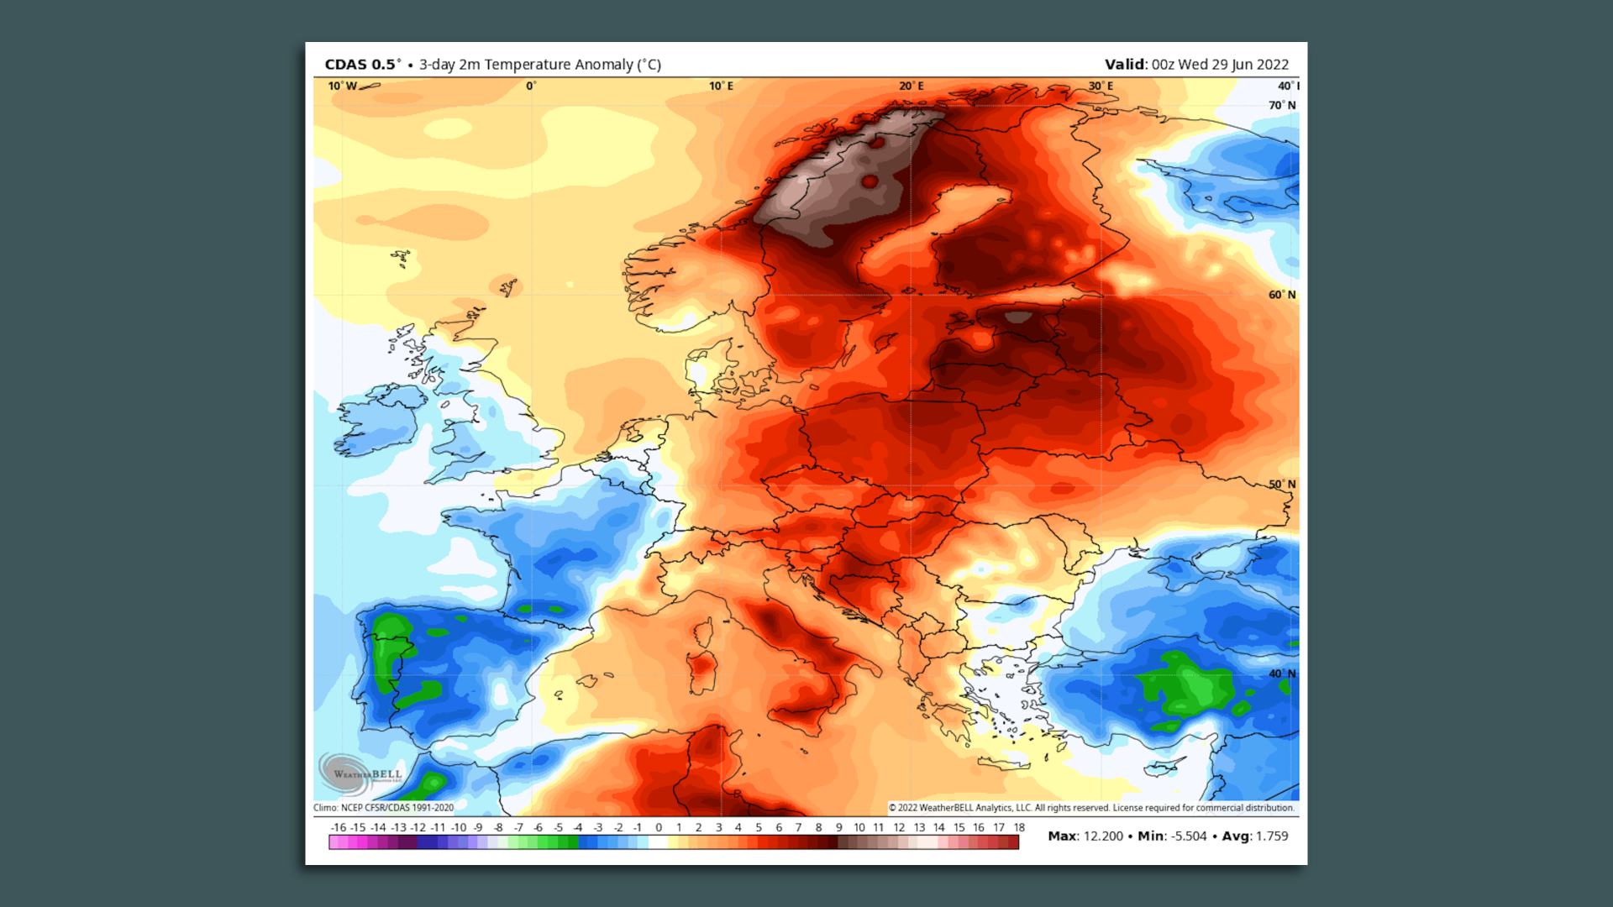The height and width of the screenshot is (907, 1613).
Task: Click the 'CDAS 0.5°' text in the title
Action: pyautogui.click(x=362, y=65)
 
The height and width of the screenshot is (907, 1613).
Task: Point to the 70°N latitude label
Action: pyautogui.click(x=1282, y=106)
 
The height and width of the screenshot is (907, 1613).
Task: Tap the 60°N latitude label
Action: pyautogui.click(x=1282, y=295)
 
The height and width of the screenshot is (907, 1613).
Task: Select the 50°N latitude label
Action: pyautogui.click(x=1282, y=485)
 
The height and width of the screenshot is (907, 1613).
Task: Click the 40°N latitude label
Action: pyautogui.click(x=1282, y=674)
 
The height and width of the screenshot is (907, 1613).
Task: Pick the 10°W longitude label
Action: pyautogui.click(x=342, y=87)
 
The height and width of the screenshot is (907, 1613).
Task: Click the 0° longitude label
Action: pyautogui.click(x=531, y=87)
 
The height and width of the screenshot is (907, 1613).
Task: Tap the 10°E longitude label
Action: pyautogui.click(x=721, y=87)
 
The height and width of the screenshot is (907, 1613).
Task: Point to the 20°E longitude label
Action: pyautogui.click(x=911, y=87)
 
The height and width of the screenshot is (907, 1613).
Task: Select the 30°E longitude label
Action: pyautogui.click(x=1101, y=87)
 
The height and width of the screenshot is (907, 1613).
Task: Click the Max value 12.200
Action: pyautogui.click(x=1103, y=836)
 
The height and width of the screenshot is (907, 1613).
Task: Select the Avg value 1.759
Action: pyautogui.click(x=1272, y=836)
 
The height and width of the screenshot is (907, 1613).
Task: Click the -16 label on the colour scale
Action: pyautogui.click(x=338, y=827)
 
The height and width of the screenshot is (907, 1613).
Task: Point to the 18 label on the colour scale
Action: pyautogui.click(x=1019, y=827)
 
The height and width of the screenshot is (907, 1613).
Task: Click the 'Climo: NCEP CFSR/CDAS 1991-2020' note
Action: pyautogui.click(x=383, y=808)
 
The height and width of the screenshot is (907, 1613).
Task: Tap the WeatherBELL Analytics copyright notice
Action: pyautogui.click(x=1091, y=808)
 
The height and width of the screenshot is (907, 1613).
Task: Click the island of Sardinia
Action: pyautogui.click(x=701, y=668)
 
